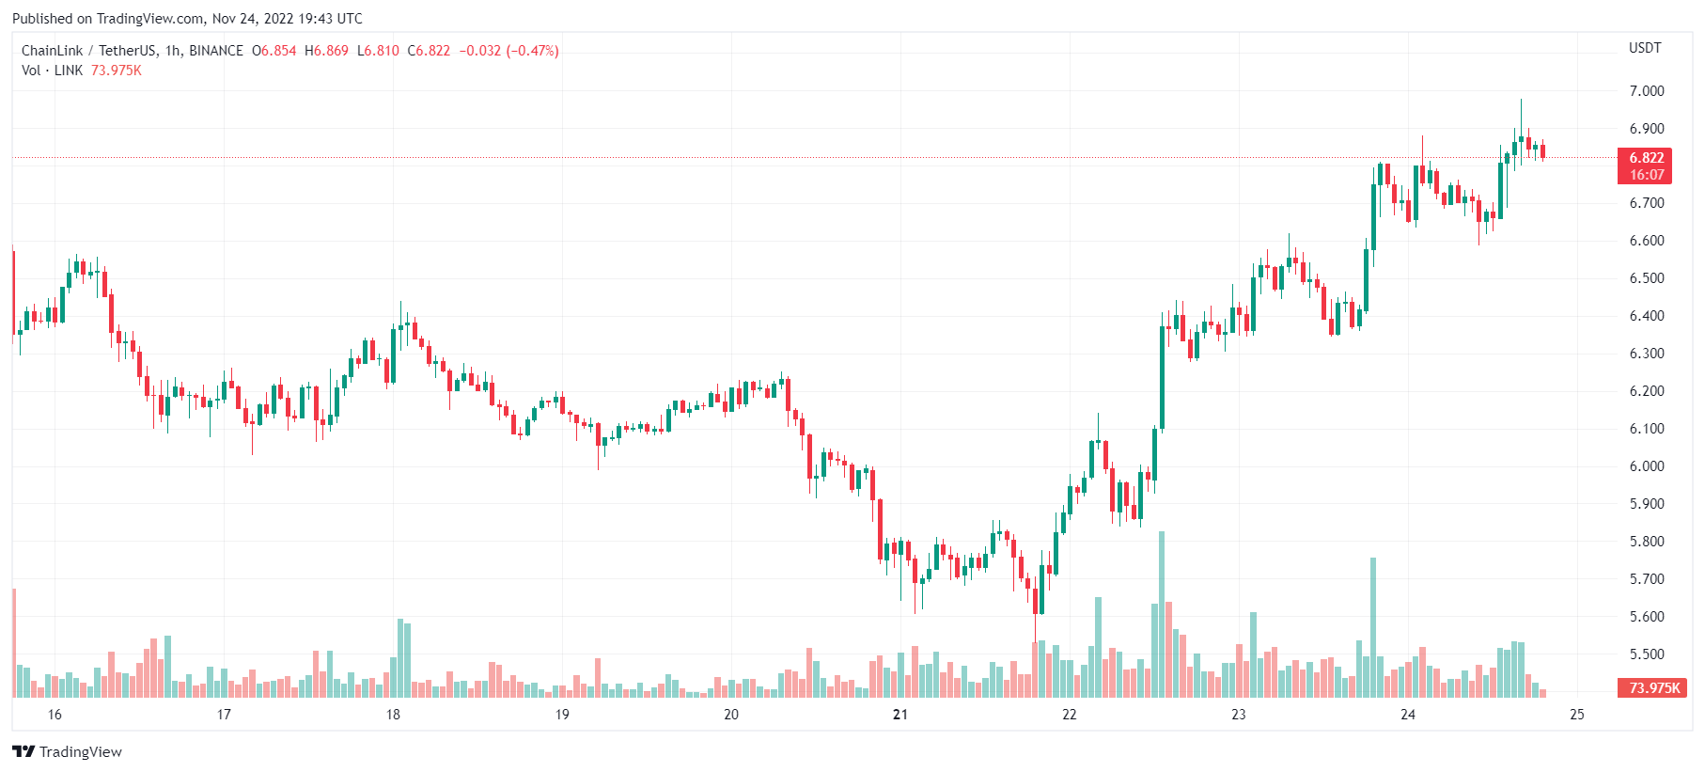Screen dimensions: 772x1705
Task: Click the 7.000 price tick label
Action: tap(1646, 91)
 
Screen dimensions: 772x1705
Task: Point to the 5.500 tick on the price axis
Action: tap(1646, 654)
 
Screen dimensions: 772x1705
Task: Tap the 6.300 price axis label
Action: tap(1646, 354)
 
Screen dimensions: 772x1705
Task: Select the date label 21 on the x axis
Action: tap(900, 715)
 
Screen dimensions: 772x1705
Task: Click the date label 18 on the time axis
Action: tap(393, 715)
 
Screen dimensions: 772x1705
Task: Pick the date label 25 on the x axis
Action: tap(1576, 715)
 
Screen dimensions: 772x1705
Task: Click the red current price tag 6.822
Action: tap(1646, 158)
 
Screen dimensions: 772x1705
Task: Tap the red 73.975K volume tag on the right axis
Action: tap(1653, 688)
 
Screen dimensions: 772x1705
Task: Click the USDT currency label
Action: tap(1645, 48)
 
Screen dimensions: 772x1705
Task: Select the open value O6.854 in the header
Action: tap(274, 51)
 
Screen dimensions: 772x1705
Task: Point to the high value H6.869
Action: tap(326, 51)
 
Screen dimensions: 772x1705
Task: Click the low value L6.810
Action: tap(378, 51)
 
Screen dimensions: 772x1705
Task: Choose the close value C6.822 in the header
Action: tap(429, 51)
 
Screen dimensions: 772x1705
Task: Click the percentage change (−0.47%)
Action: tap(532, 51)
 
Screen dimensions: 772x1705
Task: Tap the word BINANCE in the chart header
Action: tap(216, 51)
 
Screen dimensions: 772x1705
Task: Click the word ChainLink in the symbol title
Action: tap(52, 51)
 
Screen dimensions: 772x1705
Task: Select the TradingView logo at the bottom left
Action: tap(67, 751)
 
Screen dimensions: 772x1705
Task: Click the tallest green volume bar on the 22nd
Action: tap(1162, 616)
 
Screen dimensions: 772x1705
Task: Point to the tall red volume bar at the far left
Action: tap(14, 643)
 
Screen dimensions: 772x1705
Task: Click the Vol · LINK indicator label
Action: tap(52, 71)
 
